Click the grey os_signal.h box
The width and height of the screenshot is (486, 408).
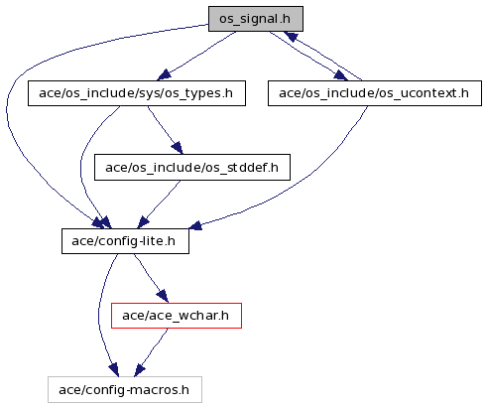coord(256,19)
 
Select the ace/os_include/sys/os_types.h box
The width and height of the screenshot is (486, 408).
coord(137,93)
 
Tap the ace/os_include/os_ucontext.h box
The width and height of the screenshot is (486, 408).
coord(375,93)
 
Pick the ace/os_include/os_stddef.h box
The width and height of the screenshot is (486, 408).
coord(192,168)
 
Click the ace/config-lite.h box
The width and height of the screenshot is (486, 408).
coord(125,241)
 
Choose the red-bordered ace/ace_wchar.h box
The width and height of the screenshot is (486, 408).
coord(177,316)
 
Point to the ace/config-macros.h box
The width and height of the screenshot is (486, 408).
coord(125,390)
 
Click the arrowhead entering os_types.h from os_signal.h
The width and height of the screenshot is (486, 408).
coord(164,75)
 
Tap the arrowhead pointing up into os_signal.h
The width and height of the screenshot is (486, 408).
coord(291,36)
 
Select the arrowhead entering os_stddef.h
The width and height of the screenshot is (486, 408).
coord(178,148)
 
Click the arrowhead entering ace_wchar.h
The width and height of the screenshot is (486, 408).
coord(163,296)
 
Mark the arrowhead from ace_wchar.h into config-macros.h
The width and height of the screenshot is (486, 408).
coord(139,370)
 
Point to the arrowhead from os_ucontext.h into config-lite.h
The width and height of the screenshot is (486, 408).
coord(195,225)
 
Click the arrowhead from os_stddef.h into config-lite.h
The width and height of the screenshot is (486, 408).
coord(143,222)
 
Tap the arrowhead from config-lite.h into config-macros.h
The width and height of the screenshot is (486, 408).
coord(114,370)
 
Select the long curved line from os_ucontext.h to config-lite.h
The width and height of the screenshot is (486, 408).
coord(307,177)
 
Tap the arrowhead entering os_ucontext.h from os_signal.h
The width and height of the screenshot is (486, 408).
coord(340,75)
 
